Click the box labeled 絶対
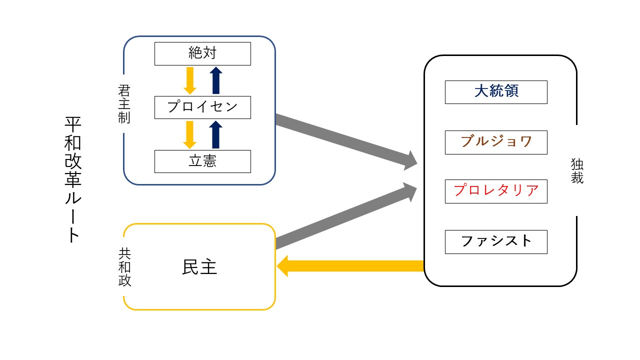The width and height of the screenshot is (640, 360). coord(202,53)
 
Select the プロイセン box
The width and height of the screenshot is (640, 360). coord(202,107)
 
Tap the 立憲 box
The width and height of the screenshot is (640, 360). coord(202,161)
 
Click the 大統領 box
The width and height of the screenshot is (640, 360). coord(496,92)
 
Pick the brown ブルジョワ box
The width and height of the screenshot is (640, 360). coord(496,142)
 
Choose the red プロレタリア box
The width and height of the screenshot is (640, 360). coord(496,191)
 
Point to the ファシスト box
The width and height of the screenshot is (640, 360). coord(496,241)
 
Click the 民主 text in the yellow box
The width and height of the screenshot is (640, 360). coord(199,267)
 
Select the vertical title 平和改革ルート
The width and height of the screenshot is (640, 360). coord(72,180)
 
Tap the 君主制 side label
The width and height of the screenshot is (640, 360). coord(124,104)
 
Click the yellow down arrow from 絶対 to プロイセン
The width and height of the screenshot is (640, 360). coord(190,80)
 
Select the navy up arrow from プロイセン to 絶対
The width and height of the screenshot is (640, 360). coord(215,80)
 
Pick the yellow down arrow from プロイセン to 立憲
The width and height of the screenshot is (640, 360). coord(190,134)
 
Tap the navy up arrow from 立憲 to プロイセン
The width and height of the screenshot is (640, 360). coord(215,134)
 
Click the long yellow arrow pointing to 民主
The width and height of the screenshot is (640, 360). coord(350,266)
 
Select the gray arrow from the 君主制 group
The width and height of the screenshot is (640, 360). coord(345,141)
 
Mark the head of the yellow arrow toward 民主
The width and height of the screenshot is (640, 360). coord(283,266)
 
